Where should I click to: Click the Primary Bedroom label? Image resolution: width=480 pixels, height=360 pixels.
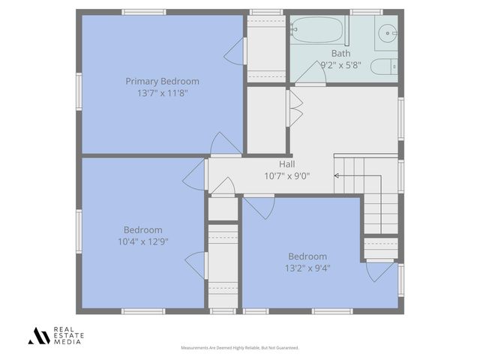[162, 81]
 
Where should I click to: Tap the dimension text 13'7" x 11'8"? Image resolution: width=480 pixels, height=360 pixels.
[162, 93]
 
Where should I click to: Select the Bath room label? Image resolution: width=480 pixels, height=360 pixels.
[340, 53]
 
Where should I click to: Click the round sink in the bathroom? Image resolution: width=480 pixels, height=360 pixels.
[387, 32]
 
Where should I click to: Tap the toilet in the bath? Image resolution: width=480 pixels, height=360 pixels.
[383, 66]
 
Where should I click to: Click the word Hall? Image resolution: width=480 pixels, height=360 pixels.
[286, 164]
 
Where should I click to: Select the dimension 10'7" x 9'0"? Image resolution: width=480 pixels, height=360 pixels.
[286, 176]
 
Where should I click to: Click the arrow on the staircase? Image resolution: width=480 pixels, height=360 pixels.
[337, 176]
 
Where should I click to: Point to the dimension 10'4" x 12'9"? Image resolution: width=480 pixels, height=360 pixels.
[142, 241]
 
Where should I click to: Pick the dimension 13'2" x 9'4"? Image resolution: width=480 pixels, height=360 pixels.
[307, 268]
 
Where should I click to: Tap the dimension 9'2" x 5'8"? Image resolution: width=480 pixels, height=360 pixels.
[340, 64]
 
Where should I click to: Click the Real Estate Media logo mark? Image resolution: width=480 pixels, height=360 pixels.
[39, 335]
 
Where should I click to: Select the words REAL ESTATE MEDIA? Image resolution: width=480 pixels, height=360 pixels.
[68, 335]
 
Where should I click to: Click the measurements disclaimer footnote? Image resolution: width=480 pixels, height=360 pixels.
[240, 348]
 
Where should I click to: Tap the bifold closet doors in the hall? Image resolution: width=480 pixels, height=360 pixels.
[294, 109]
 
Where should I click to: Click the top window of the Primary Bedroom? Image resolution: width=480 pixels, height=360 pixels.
[143, 12]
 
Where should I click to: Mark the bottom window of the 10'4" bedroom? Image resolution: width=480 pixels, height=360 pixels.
[143, 310]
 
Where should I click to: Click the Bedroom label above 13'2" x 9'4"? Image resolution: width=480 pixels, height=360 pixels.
[307, 256]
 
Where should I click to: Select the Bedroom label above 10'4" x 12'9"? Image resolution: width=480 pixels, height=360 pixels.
[142, 229]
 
